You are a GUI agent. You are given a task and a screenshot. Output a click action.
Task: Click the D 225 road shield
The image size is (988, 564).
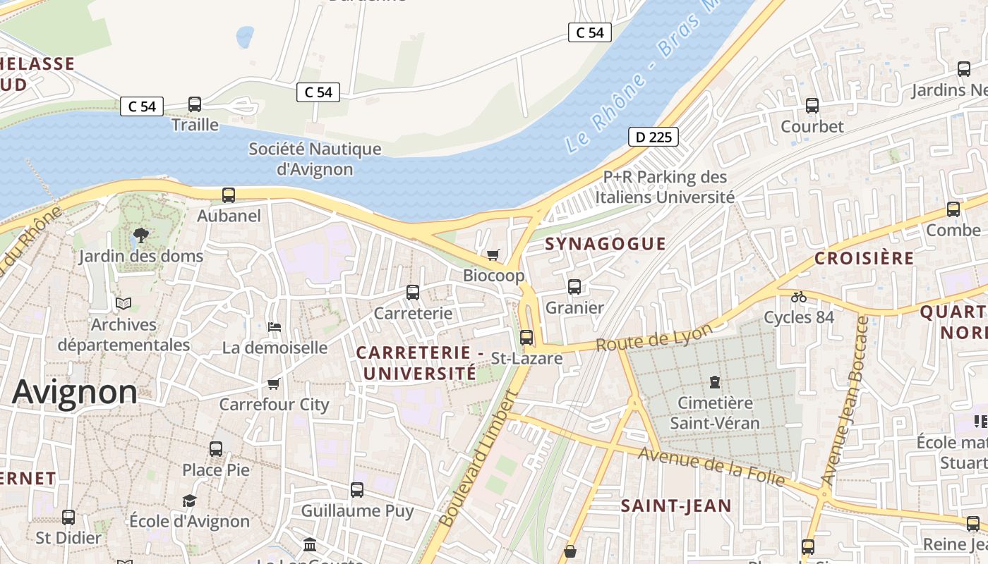pyautogui.click(x=653, y=137)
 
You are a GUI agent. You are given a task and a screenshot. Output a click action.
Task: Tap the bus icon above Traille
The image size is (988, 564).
pyautogui.click(x=195, y=104)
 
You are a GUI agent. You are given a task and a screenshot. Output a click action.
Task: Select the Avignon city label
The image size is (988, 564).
pyautogui.click(x=75, y=392)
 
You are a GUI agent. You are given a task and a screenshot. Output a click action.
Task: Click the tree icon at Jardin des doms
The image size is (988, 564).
pyautogui.click(x=140, y=235)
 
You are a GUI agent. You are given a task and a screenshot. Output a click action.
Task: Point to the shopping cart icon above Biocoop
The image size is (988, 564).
pyautogui.click(x=493, y=255)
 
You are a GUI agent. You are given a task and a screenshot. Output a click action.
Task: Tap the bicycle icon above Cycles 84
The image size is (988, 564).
pyautogui.click(x=799, y=297)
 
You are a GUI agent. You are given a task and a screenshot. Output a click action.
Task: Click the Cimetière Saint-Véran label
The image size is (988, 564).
pyautogui.click(x=714, y=413)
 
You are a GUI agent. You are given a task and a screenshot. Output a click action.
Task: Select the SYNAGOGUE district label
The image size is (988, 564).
pyautogui.click(x=606, y=244)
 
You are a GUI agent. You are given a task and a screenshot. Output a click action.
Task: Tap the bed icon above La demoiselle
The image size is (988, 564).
pyautogui.click(x=275, y=326)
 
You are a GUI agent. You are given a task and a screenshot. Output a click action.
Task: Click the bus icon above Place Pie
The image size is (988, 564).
pyautogui.click(x=216, y=448)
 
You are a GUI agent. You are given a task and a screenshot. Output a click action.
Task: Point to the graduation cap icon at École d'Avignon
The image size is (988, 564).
pyautogui.click(x=189, y=501)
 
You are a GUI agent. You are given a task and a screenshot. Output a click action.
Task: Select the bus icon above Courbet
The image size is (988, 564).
pyautogui.click(x=812, y=106)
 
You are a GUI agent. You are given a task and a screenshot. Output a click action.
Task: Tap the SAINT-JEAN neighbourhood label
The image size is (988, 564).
pyautogui.click(x=676, y=505)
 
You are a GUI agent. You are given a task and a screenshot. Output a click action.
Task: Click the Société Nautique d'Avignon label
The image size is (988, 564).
pyautogui.click(x=315, y=159)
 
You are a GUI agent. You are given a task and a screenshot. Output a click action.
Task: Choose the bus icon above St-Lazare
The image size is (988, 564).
pyautogui.click(x=526, y=337)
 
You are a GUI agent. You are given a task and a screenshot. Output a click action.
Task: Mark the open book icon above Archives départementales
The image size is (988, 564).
pyautogui.click(x=123, y=303)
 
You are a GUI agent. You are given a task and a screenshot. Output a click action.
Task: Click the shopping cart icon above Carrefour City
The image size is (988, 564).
pyautogui.click(x=274, y=384)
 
